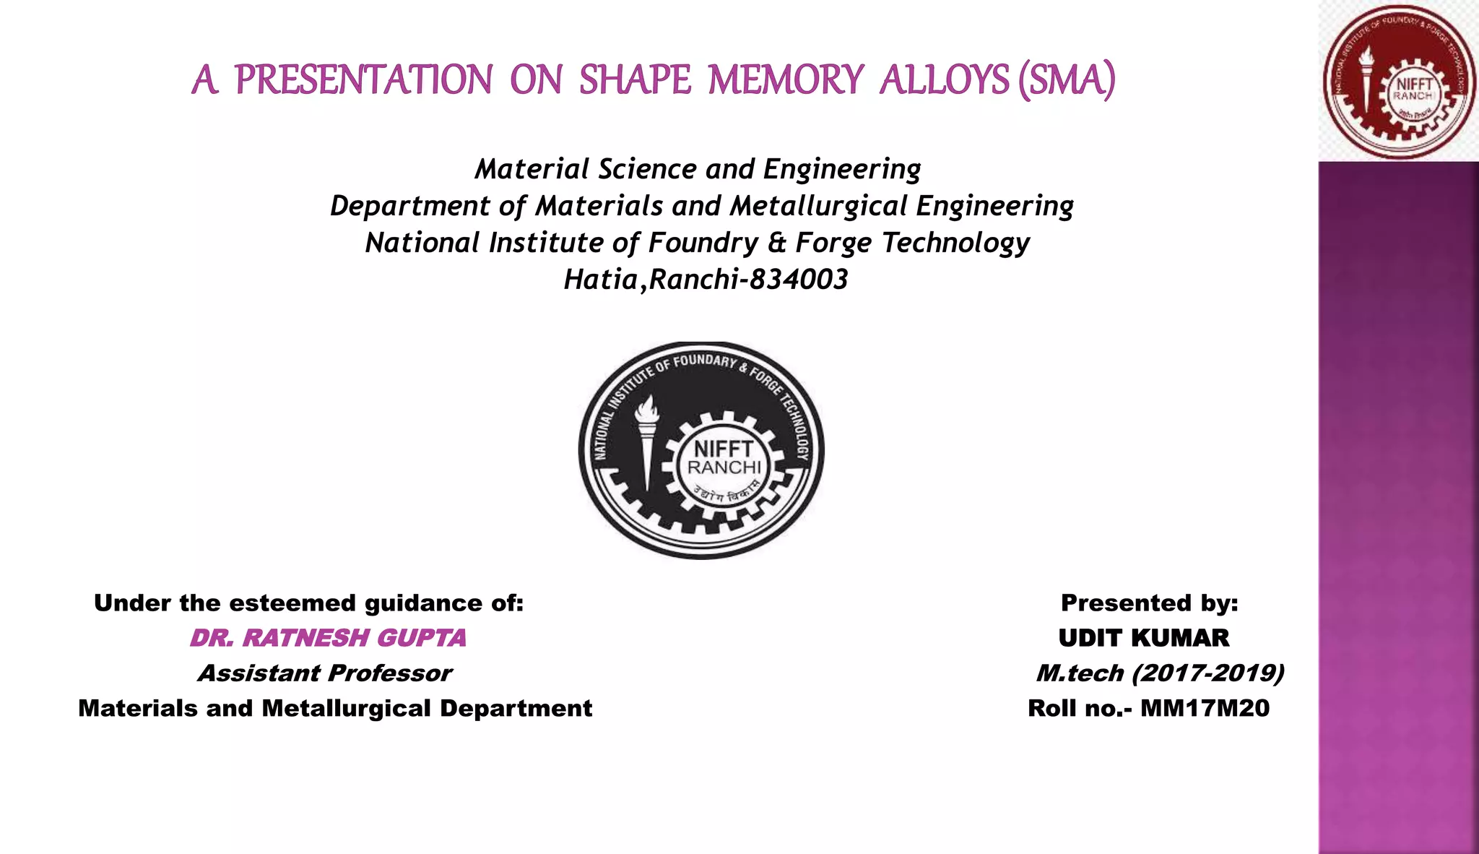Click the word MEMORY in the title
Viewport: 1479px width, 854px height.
coord(786,79)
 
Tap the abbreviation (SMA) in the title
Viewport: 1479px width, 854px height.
coord(1067,79)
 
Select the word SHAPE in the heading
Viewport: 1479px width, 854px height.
coord(636,79)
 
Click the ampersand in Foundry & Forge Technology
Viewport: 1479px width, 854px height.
coord(776,243)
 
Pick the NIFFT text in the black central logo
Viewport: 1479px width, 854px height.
coord(724,449)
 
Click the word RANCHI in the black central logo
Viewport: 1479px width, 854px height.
coord(724,467)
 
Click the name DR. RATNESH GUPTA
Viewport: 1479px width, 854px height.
coord(328,638)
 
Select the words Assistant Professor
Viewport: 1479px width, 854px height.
coord(325,673)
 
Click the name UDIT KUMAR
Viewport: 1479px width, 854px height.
coord(1144,638)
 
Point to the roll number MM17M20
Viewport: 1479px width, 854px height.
coord(1205,708)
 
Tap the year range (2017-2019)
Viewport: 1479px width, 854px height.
coord(1207,673)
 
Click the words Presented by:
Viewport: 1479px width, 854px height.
coord(1149,603)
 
